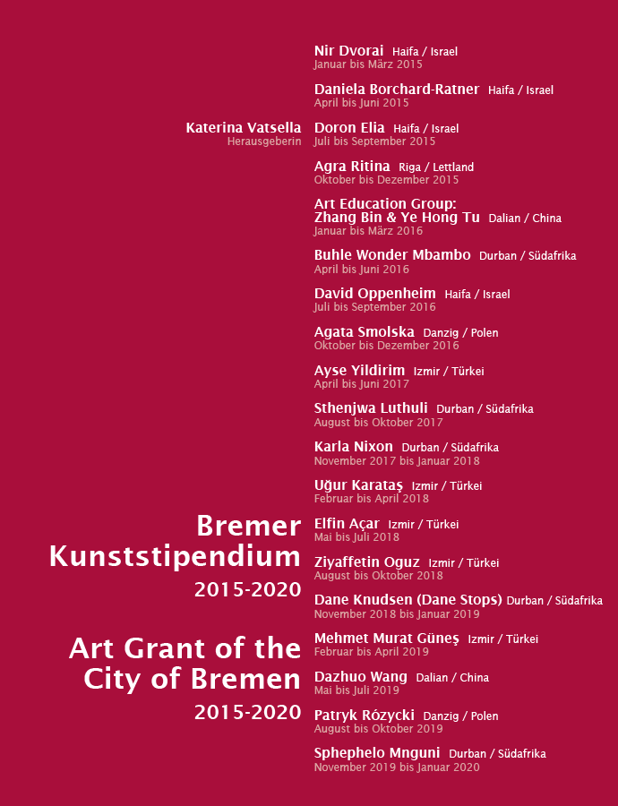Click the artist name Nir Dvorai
[x=348, y=51]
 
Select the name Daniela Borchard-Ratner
[x=397, y=90]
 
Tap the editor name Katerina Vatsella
[x=244, y=128]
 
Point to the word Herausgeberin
[x=264, y=141]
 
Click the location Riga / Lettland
[x=436, y=167]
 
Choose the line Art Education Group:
[x=385, y=204]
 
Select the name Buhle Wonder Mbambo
[x=392, y=255]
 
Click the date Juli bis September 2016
[x=374, y=307]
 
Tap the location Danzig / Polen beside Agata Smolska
[x=460, y=333]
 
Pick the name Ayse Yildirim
[x=359, y=371]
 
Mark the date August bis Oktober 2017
[x=378, y=423]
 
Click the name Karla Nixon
[x=353, y=447]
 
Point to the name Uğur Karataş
[x=358, y=485]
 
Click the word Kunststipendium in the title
[x=175, y=556]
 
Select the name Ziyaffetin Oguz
[x=366, y=562]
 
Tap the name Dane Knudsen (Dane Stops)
[x=408, y=600]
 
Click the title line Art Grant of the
[x=185, y=647]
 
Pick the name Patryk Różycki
[x=364, y=716]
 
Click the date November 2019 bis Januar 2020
[x=397, y=767]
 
